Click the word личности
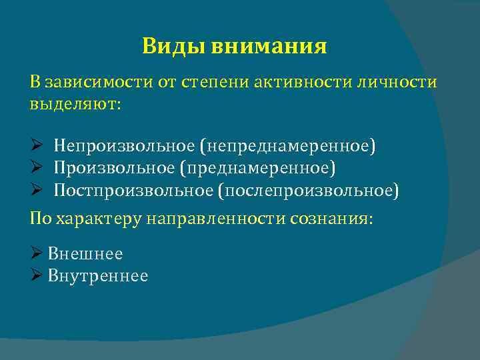403,82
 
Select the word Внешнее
85,253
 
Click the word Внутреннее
98,275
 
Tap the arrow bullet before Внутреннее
37,275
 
